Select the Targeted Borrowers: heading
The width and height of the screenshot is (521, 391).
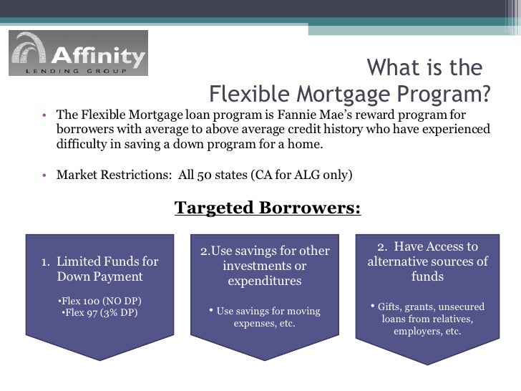pyautogui.click(x=268, y=208)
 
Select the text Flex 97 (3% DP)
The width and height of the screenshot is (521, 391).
pyautogui.click(x=100, y=312)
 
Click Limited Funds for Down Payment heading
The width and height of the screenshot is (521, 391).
pyautogui.click(x=100, y=269)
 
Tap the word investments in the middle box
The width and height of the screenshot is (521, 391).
pyautogui.click(x=265, y=266)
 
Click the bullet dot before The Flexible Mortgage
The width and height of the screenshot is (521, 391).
pyautogui.click(x=43, y=115)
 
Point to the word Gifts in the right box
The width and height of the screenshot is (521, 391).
pyautogui.click(x=391, y=306)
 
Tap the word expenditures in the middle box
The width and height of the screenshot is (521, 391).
pyautogui.click(x=265, y=281)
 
